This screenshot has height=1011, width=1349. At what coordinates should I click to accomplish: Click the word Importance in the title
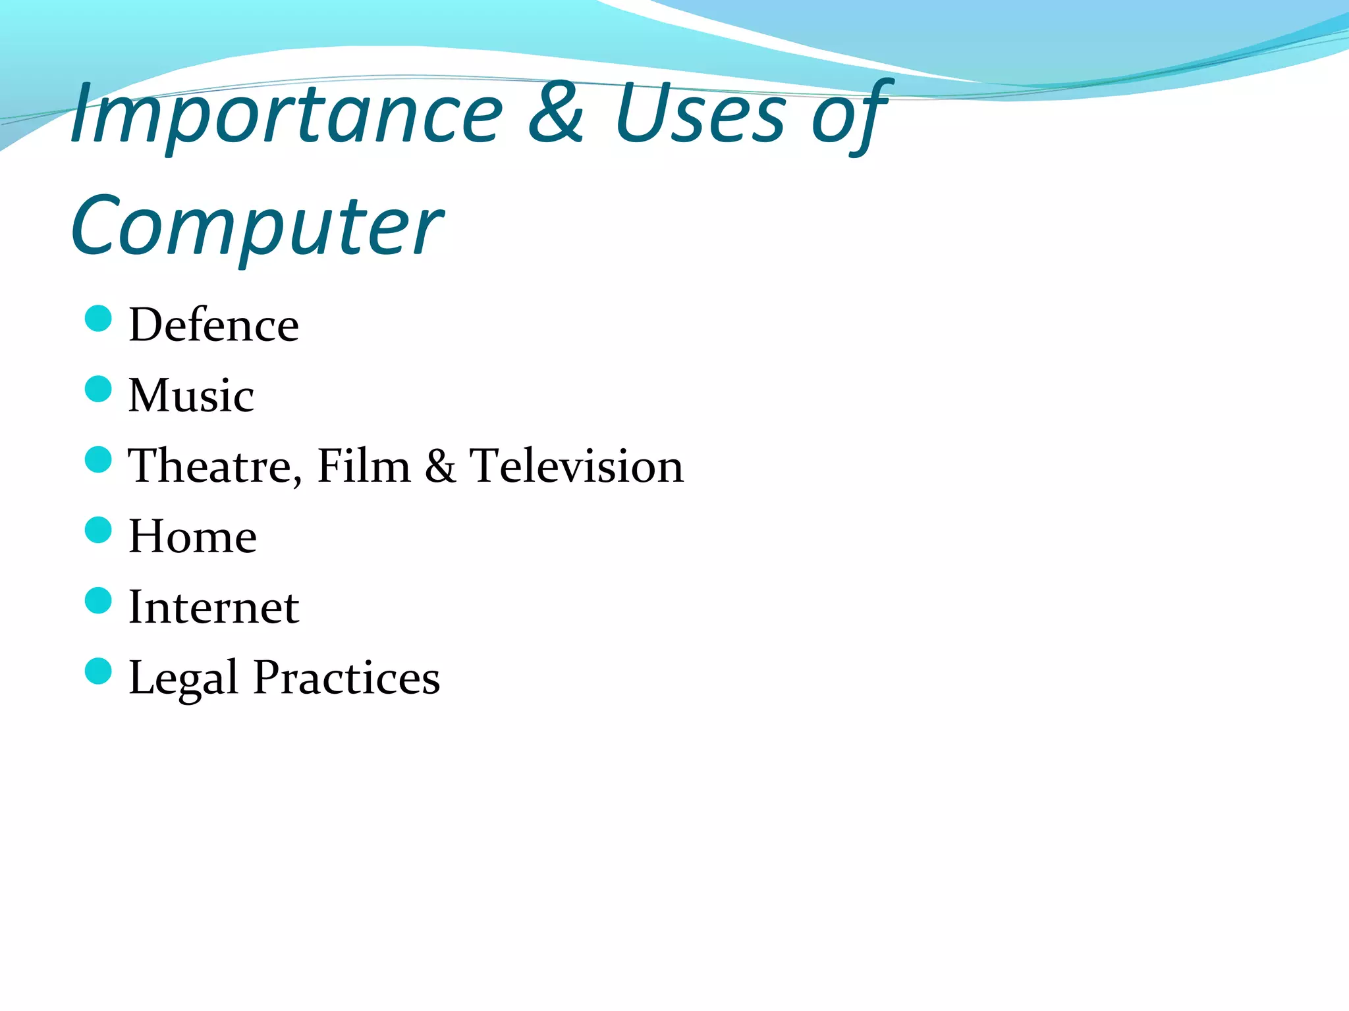point(287,116)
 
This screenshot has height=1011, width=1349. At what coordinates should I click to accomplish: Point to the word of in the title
point(850,116)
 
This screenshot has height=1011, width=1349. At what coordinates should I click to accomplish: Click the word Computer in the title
point(257,228)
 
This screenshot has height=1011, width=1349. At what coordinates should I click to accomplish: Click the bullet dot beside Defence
point(99,319)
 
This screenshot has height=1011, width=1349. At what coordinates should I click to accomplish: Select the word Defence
point(213,325)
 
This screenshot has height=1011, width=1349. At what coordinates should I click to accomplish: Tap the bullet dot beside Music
point(99,389)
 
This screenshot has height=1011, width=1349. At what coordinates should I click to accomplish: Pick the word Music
point(191,396)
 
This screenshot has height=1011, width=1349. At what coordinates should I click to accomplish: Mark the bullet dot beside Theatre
point(99,459)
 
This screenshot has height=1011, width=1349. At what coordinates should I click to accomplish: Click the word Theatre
point(215,467)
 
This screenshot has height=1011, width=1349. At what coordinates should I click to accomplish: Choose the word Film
point(364,466)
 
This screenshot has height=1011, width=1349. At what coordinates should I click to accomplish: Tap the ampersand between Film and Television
point(440,466)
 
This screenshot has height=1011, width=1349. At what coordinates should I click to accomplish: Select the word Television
point(576,466)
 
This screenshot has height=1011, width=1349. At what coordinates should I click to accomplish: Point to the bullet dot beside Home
point(99,530)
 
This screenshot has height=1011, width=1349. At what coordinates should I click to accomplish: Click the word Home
point(192,536)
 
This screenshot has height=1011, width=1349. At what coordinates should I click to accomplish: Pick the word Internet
point(213,607)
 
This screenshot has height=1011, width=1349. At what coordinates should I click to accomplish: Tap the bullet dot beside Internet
point(99,600)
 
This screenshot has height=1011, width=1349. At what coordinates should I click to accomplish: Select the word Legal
point(183,679)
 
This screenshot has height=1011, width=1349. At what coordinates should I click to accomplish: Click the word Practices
point(346,677)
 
